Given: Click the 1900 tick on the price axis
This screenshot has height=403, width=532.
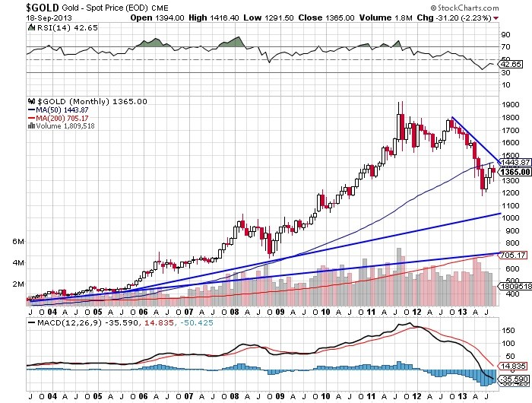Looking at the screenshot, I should point(510,106).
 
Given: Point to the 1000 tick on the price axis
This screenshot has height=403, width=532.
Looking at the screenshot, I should point(510,217).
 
